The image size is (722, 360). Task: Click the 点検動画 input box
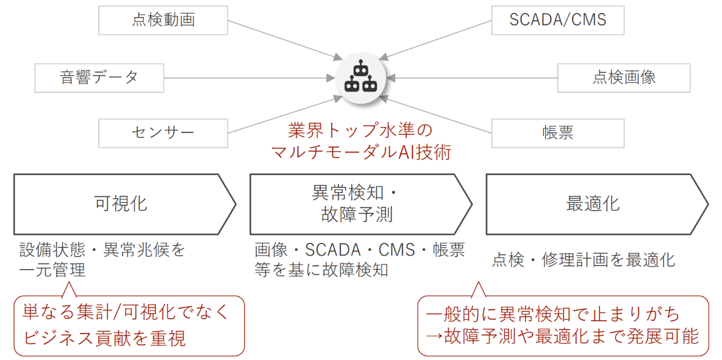coord(163,20)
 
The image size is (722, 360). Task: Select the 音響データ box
coord(99,77)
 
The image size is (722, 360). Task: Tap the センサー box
coord(163,132)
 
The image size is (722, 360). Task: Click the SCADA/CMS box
coord(557,20)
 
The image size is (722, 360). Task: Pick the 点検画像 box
coord(623,77)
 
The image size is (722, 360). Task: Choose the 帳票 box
coord(557,132)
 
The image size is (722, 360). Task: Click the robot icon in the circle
coord(361,77)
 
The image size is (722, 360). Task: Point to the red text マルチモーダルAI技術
coord(361,152)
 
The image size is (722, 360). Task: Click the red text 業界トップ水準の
coord(361,131)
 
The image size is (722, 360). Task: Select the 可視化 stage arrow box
coord(122,204)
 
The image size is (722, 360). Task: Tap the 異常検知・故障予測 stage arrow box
coord(357,204)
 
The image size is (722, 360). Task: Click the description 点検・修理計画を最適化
coord(584,261)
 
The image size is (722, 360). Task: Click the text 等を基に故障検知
coord(321,270)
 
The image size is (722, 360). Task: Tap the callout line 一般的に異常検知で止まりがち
coord(552,314)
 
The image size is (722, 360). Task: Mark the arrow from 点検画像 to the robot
coord(476,78)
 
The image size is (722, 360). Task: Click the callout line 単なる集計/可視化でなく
coord(125,312)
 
